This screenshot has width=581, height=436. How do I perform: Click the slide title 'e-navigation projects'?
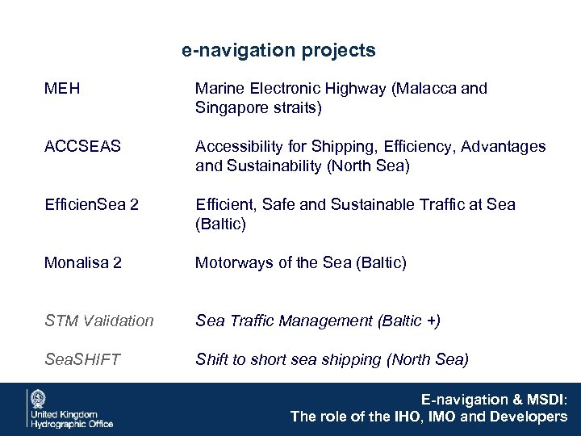click(278, 51)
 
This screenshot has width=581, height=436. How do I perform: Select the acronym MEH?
click(63, 88)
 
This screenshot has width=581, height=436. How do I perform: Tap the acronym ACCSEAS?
click(83, 146)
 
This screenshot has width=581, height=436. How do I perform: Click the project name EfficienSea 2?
click(92, 205)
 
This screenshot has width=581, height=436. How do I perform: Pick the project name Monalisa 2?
click(82, 262)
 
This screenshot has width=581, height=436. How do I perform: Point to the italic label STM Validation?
click(99, 321)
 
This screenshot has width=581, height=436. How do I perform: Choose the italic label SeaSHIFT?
click(83, 359)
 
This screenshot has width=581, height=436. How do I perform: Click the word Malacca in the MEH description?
click(426, 88)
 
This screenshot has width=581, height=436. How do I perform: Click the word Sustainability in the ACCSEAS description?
click(274, 166)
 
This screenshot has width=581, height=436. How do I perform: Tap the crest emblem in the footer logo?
click(37, 399)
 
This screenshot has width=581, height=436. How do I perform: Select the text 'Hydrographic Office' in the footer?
click(72, 422)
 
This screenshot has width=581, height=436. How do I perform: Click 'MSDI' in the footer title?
click(545, 399)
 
